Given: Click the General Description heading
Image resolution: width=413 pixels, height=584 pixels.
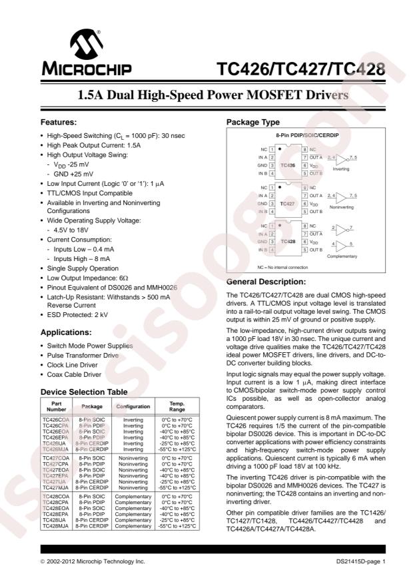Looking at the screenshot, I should coord(266,282).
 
